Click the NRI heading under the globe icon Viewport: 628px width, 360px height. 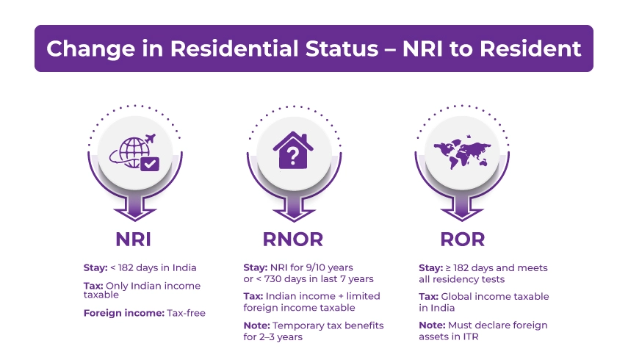pos(133,240)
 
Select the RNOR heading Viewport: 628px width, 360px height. pos(293,240)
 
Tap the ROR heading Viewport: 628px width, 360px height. pos(462,240)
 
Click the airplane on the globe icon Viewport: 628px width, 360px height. pos(150,139)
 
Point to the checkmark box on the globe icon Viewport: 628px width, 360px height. pos(150,164)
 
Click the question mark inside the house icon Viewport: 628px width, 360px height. pos(293,156)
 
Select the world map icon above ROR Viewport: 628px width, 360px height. pos(462,154)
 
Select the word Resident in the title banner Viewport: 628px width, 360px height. pos(530,48)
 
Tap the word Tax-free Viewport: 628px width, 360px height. pos(187,313)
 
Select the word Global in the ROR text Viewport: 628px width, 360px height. pos(455,296)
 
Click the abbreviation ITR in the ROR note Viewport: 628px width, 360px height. pos(471,336)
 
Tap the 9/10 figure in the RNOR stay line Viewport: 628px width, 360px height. pos(315,267)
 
